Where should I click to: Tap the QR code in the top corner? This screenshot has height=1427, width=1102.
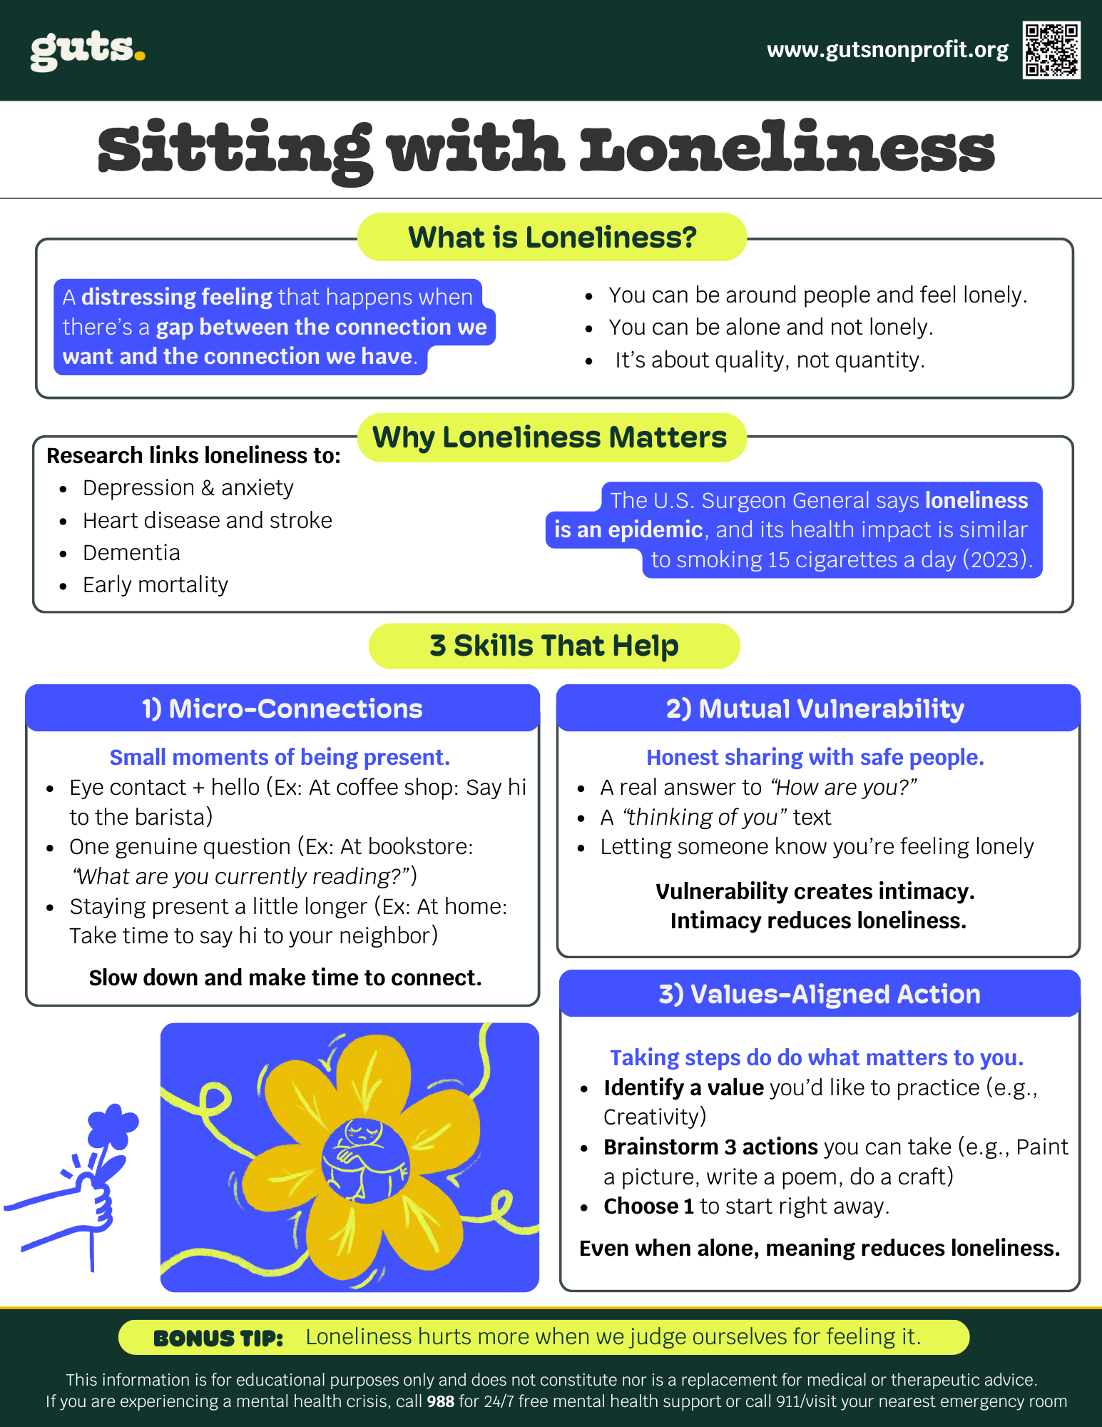(1051, 50)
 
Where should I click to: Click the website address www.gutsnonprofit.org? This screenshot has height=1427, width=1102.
(887, 50)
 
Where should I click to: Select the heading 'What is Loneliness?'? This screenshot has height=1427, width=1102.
(551, 238)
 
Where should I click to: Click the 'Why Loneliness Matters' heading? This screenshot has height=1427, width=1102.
(550, 437)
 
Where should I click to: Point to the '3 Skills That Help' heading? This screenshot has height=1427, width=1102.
(553, 646)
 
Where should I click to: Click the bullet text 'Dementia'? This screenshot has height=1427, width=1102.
(131, 553)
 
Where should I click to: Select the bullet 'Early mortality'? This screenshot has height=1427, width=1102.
(155, 585)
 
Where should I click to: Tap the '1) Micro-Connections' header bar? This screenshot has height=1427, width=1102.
(282, 709)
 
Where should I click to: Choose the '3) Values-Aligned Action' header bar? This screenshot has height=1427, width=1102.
(819, 994)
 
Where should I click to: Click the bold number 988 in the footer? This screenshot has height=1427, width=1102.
(440, 1401)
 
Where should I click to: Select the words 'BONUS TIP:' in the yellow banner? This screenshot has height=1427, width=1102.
(218, 1339)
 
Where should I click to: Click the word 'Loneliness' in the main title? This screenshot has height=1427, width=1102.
(786, 149)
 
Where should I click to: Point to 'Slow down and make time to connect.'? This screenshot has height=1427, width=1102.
(285, 977)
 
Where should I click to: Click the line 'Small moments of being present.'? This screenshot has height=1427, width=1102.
(280, 757)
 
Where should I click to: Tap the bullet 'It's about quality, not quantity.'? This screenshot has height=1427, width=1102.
(769, 360)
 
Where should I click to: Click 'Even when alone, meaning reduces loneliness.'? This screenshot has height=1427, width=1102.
(819, 1248)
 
